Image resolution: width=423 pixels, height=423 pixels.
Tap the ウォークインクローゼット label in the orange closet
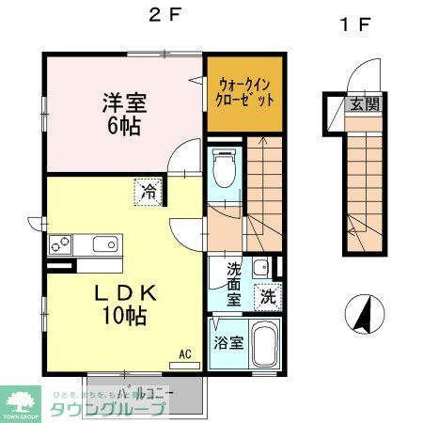244,91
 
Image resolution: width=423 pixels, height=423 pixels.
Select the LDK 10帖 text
124,304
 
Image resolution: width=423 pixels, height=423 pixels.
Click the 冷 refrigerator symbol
149,192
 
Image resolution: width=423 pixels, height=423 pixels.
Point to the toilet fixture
224,171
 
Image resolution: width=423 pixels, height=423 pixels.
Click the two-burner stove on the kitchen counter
62,245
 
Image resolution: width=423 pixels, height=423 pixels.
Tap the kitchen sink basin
104,245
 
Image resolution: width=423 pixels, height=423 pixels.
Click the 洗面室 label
233,284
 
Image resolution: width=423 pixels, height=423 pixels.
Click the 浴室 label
228,343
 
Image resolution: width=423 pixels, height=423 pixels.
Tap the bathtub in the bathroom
265,345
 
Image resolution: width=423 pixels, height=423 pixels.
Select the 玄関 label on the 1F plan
366,104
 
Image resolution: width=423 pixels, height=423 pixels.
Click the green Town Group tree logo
19,399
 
